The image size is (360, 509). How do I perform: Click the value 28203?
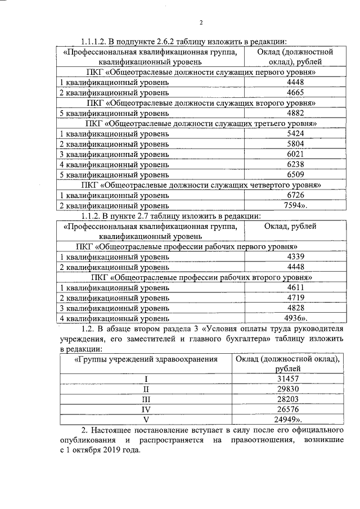[x=287, y=399]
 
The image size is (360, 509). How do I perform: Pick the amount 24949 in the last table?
[x=289, y=420]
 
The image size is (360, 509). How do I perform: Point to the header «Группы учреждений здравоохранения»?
[x=146, y=358]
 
